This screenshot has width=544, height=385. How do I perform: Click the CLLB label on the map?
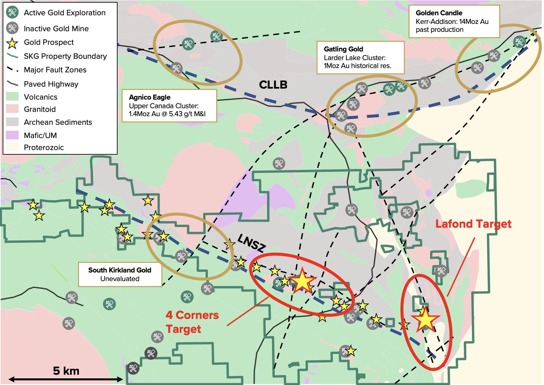273,85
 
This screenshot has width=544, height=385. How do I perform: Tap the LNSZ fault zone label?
251,243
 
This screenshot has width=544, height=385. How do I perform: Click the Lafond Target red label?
473,224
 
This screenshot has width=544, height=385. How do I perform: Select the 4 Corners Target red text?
192,322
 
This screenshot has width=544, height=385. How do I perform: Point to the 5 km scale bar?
65,379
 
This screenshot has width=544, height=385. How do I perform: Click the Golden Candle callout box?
454,21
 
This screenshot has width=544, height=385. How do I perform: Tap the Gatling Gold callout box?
360,57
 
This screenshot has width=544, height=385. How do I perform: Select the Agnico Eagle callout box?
169,106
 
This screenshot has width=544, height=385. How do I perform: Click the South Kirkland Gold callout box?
120,274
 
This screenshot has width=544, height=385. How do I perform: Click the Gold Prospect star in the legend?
12,43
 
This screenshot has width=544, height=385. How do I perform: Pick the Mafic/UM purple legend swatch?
12,135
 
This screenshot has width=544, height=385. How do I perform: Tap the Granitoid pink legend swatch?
12,109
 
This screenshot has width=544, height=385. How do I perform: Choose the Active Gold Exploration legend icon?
12,12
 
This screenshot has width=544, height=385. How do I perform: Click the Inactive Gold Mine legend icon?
12,28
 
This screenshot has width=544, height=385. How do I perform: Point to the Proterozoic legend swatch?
12,147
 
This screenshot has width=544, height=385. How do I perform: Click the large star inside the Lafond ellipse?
425,320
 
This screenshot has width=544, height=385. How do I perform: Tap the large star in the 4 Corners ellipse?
302,281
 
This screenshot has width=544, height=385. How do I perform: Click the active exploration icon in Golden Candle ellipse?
519,42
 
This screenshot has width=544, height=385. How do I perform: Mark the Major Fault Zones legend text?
55,70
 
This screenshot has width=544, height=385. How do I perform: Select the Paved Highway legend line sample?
12,84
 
